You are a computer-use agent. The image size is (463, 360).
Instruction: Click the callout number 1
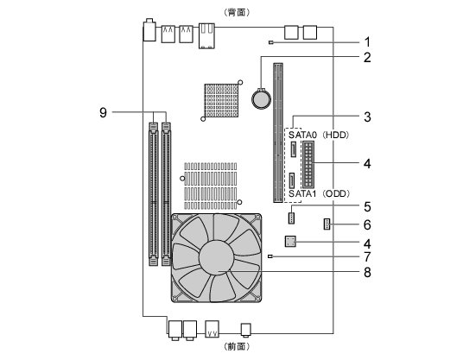pyautogui.click(x=367, y=42)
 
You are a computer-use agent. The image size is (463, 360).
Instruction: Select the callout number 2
pyautogui.click(x=367, y=58)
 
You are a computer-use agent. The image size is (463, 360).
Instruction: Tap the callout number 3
pyautogui.click(x=367, y=117)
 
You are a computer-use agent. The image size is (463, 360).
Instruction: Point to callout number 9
pyautogui.click(x=103, y=113)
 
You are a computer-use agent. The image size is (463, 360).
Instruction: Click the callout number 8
pyautogui.click(x=367, y=272)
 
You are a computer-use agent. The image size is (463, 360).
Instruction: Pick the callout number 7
pyautogui.click(x=367, y=256)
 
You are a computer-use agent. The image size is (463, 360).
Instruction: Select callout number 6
pyautogui.click(x=367, y=225)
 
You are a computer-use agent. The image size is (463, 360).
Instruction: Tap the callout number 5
pyautogui.click(x=367, y=207)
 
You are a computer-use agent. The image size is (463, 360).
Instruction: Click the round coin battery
pyautogui.click(x=261, y=99)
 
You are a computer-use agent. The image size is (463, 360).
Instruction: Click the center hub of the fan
pyautogui.click(x=217, y=257)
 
